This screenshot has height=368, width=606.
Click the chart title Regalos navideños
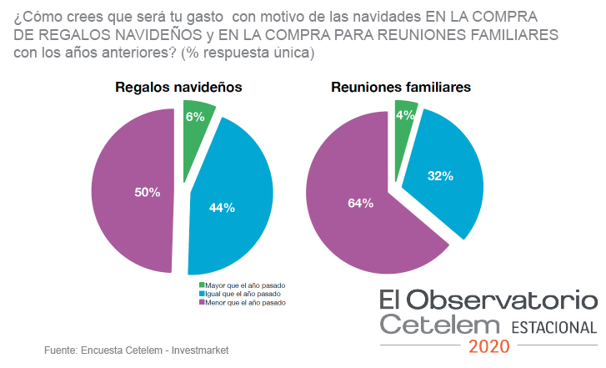pyautogui.click(x=178, y=87)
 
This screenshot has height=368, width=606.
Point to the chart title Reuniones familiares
pyautogui.click(x=401, y=87)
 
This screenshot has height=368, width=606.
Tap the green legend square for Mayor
pyautogui.click(x=201, y=285)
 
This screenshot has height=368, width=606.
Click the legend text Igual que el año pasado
pyautogui.click(x=243, y=294)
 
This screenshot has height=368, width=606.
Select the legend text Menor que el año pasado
pyautogui.click(x=246, y=303)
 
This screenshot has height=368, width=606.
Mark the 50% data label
pyautogui.click(x=148, y=192)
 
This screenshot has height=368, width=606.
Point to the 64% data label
pyautogui.click(x=362, y=202)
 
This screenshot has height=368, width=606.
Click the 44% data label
pyautogui.click(x=223, y=207)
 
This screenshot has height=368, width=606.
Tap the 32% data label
pyautogui.click(x=440, y=175)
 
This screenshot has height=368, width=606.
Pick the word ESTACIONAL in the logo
pyautogui.click(x=553, y=327)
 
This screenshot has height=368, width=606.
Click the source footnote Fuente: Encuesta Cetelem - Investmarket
pyautogui.click(x=136, y=350)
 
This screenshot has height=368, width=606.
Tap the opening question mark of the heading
pyautogui.click(x=18, y=18)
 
